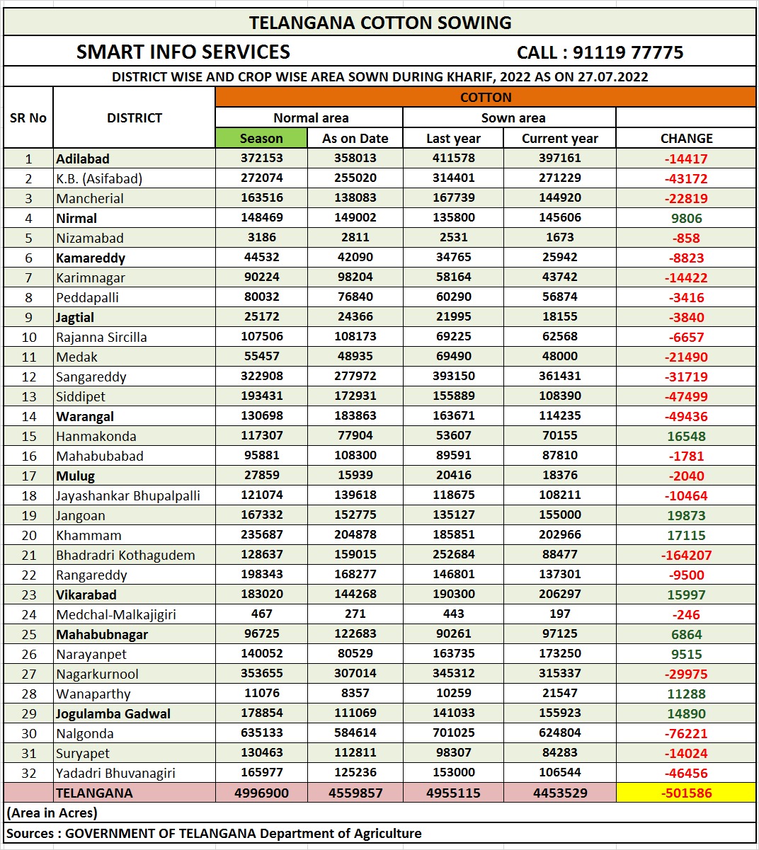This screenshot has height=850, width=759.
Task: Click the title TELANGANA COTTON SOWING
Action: click(x=379, y=23)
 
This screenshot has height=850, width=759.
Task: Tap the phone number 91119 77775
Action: click(x=627, y=52)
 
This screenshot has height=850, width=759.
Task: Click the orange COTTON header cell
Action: click(x=485, y=98)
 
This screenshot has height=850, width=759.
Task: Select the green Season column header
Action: click(x=261, y=139)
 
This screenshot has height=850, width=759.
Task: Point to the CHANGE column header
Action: click(x=686, y=139)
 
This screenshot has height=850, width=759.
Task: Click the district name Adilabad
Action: click(x=83, y=159)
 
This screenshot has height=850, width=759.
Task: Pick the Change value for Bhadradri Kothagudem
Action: click(x=686, y=555)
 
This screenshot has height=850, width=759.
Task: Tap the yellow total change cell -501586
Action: click(x=686, y=793)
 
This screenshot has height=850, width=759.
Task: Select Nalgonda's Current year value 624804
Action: click(x=559, y=733)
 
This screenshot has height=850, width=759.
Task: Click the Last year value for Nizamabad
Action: click(x=453, y=238)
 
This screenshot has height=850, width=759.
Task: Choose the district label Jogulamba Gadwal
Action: click(x=113, y=713)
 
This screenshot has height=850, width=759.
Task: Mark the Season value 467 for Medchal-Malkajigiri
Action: click(x=261, y=614)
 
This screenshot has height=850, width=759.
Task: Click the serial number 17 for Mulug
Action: click(x=28, y=476)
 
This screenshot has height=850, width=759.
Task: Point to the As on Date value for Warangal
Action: click(x=355, y=416)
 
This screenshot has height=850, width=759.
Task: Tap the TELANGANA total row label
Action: click(x=94, y=793)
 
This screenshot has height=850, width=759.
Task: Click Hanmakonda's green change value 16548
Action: click(x=686, y=436)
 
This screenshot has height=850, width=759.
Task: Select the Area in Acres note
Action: click(x=52, y=812)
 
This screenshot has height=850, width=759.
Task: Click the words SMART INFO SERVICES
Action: click(x=183, y=52)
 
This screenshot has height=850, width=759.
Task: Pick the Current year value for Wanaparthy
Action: click(x=559, y=694)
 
